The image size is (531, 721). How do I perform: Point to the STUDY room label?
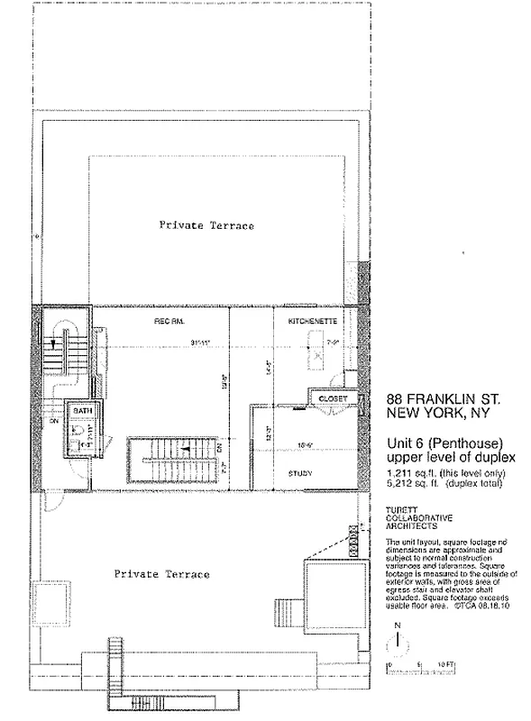[x=300, y=472]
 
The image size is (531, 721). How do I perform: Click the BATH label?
[x=83, y=409]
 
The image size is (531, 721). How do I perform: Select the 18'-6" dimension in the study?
[x=304, y=445]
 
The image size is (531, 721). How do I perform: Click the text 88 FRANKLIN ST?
[x=443, y=398]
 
